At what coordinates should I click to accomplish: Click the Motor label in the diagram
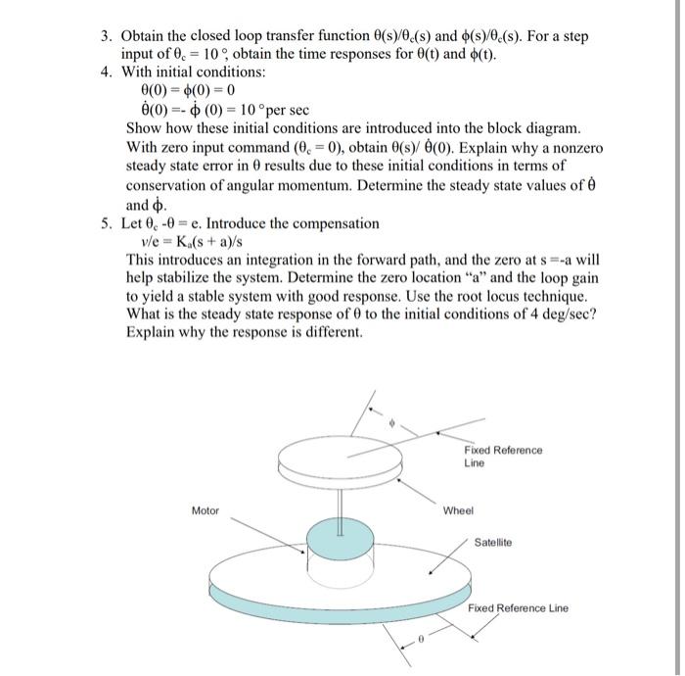205,510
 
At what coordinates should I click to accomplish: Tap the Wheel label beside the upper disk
458,510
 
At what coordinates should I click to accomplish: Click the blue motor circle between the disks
340,538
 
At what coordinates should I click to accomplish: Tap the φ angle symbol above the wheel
392,424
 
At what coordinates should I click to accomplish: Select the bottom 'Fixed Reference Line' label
517,608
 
